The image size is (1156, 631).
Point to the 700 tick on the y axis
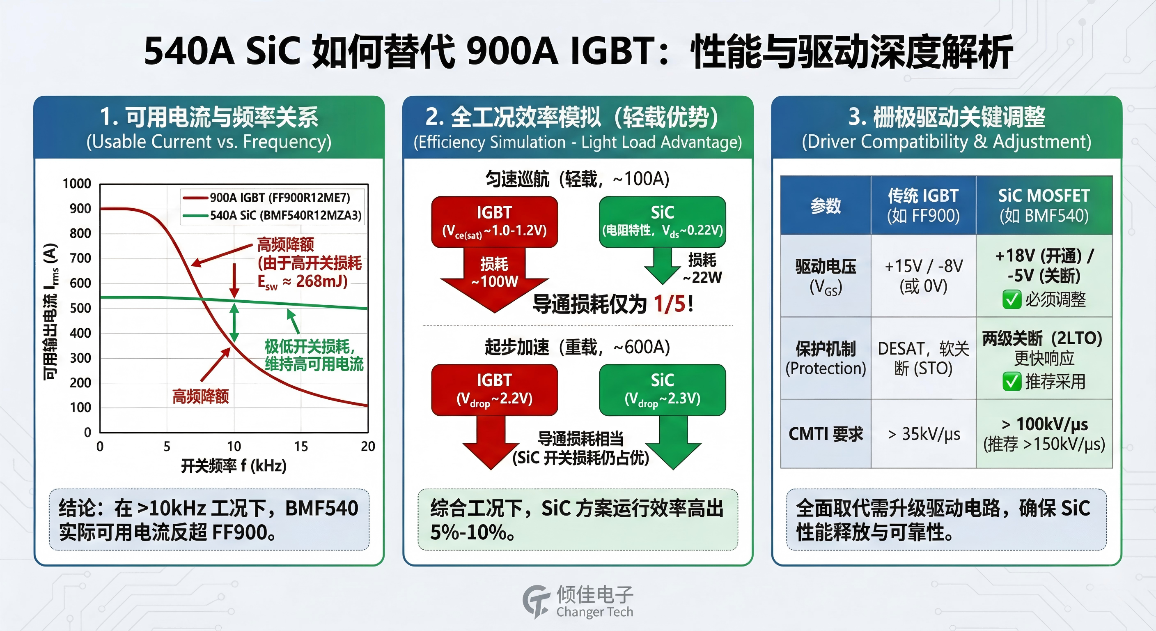[x=80, y=258]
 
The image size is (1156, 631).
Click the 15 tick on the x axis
[x=300, y=447]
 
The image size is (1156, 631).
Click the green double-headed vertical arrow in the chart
[x=234, y=322]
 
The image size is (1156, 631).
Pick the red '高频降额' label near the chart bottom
[x=201, y=396]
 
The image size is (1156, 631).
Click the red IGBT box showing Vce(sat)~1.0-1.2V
[x=495, y=222]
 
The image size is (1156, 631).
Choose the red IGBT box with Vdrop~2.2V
[x=495, y=390]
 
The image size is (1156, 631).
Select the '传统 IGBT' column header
[x=923, y=206]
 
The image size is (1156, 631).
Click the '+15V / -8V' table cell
[x=923, y=276]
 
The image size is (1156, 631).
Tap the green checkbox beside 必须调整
[x=1012, y=299]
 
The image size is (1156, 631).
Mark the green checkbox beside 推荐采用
[x=1012, y=382]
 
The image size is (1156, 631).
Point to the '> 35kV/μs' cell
[x=924, y=434]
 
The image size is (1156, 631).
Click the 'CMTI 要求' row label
[x=826, y=434]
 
